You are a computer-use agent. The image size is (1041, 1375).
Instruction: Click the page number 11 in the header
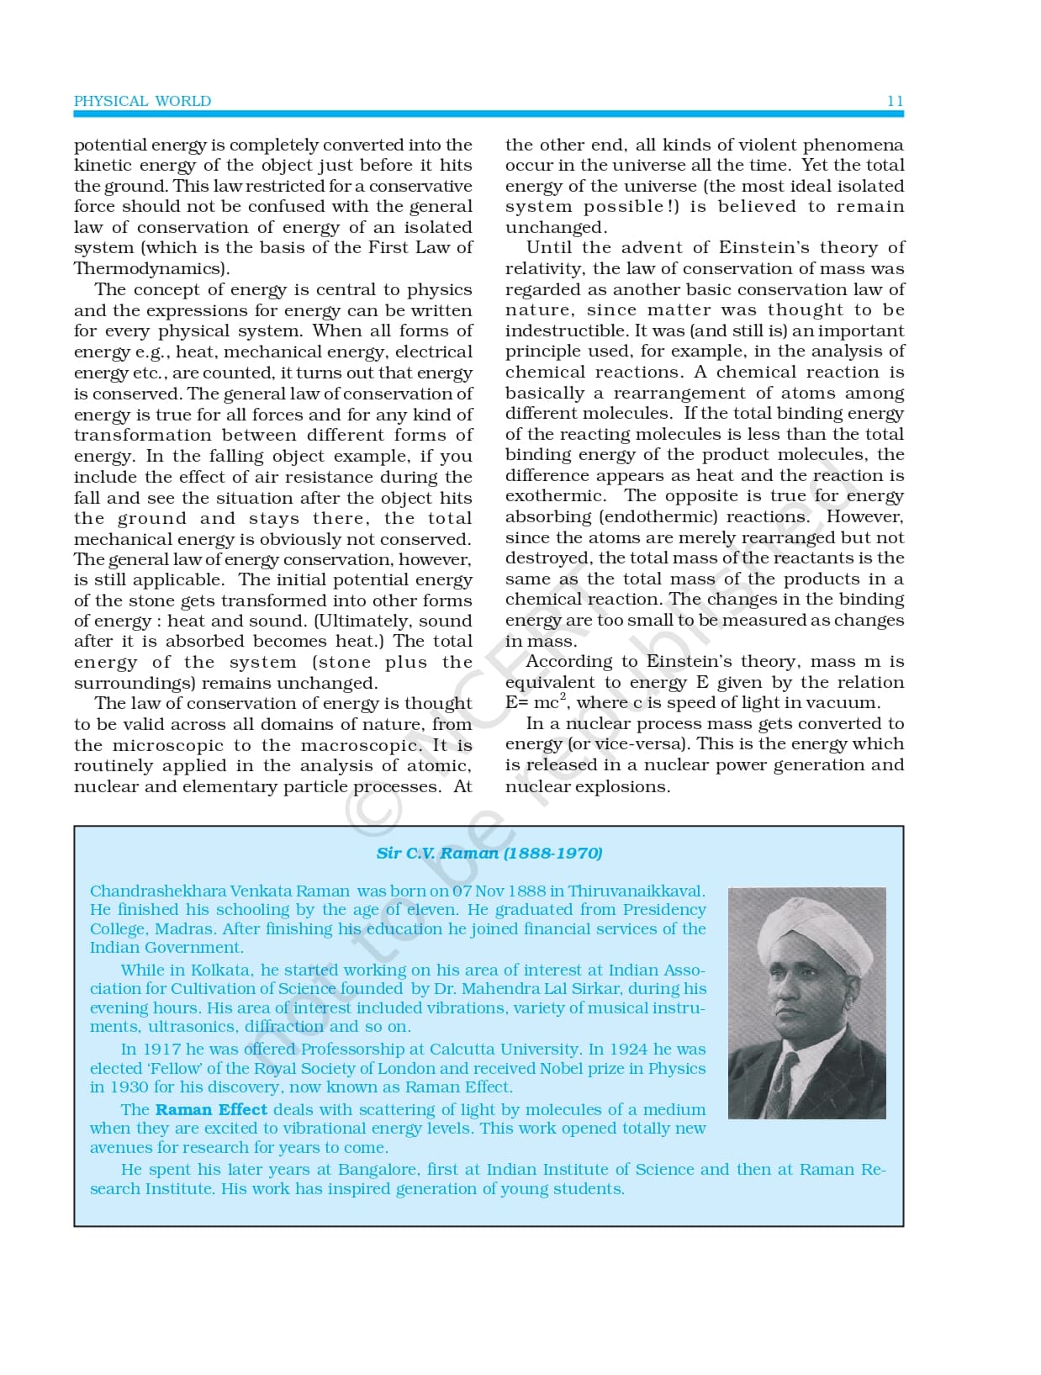pos(895,101)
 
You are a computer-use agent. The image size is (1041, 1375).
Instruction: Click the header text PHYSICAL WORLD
pos(142,101)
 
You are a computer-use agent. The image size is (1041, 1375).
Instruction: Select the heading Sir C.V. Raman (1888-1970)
pos(489,853)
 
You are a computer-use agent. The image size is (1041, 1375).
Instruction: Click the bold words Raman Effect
pos(211,1109)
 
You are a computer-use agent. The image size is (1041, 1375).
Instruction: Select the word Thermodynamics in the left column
pos(150,268)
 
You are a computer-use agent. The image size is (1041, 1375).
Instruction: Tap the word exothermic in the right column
pos(554,496)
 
